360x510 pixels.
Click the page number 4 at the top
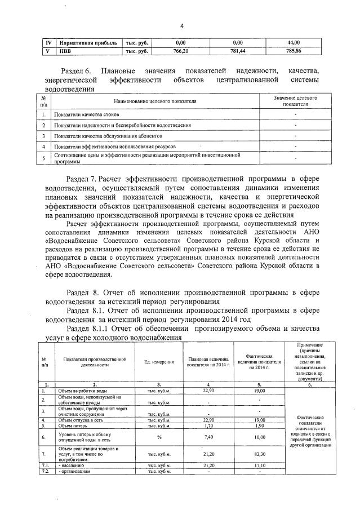(182, 25)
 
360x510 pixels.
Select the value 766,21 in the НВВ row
(181, 50)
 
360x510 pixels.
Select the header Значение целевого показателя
(296, 101)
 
